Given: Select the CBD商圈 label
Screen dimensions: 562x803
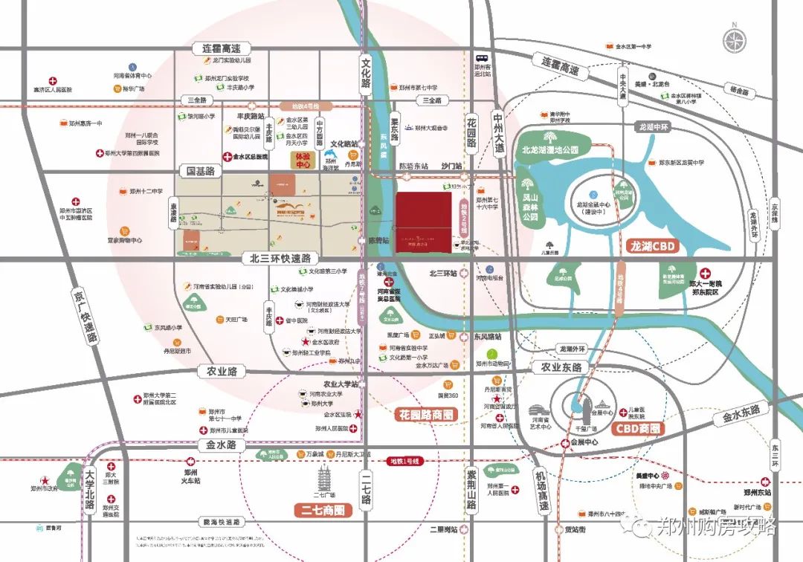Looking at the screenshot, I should point(638,428).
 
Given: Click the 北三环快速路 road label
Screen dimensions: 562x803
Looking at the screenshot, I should point(280,259).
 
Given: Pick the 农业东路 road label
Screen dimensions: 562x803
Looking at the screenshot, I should point(561,367).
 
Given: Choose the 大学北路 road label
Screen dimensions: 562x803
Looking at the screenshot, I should point(89,491).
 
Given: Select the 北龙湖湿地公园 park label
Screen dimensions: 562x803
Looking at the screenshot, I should point(555,149).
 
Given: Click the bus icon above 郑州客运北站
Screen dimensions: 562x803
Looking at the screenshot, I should point(483,58).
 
